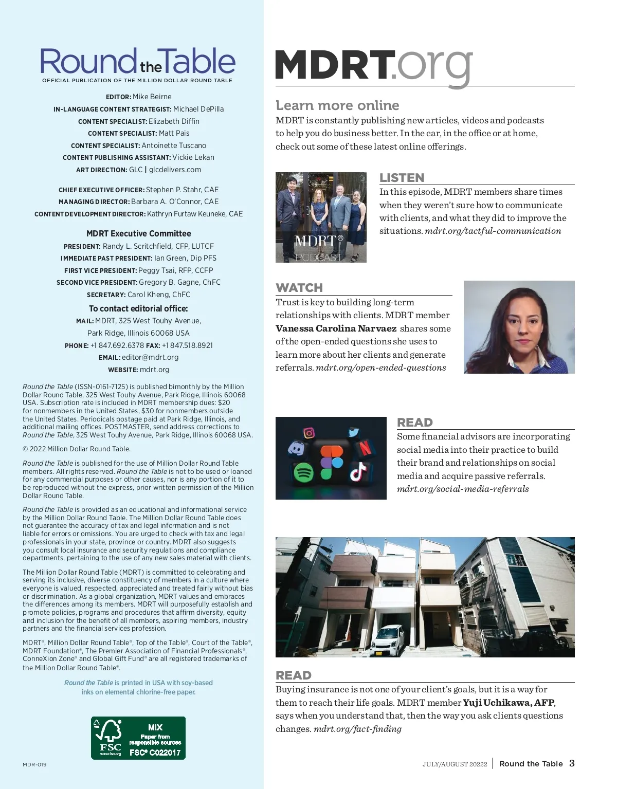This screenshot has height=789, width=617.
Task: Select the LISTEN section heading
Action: pyautogui.click(x=402, y=178)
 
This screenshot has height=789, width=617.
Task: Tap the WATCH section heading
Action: pyautogui.click(x=299, y=288)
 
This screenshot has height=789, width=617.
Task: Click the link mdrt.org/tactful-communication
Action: pyautogui.click(x=493, y=231)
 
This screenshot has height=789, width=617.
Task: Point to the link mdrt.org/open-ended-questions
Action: pyautogui.click(x=380, y=368)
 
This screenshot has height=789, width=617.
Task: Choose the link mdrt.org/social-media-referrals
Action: pyautogui.click(x=463, y=489)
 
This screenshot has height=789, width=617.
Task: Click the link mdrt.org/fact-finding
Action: pyautogui.click(x=357, y=729)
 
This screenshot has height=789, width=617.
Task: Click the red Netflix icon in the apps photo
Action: pyautogui.click(x=365, y=448)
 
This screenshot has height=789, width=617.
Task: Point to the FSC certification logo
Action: pyautogui.click(x=138, y=738)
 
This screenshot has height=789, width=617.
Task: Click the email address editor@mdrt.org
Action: pyautogui.click(x=150, y=357)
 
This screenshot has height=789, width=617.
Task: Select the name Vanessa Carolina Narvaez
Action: pyautogui.click(x=336, y=328)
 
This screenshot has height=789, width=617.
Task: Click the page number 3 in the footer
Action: pyautogui.click(x=572, y=763)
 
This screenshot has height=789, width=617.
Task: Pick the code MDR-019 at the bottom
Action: pyautogui.click(x=34, y=765)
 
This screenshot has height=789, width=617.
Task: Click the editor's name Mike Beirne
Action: pyautogui.click(x=152, y=97)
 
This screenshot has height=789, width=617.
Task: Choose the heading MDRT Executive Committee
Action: pyautogui.click(x=139, y=233)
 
